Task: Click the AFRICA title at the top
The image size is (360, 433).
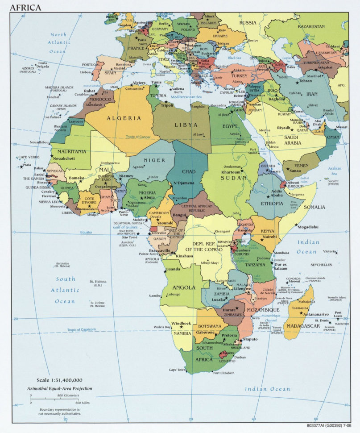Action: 25,7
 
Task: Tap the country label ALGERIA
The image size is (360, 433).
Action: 124,118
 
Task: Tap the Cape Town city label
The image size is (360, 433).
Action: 177,370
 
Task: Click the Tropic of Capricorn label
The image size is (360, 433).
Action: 82,329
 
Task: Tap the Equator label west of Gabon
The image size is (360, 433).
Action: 86,233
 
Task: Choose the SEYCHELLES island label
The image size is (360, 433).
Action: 322,265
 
